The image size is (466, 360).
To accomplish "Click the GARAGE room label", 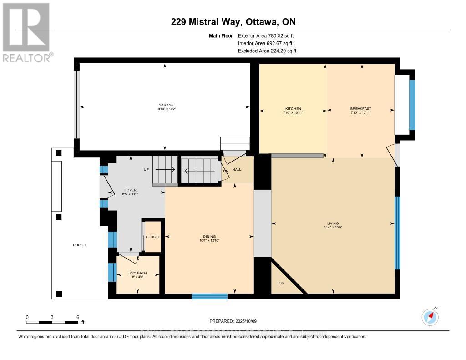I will (x=166, y=105).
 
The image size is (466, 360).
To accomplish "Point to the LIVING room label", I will (x=333, y=223).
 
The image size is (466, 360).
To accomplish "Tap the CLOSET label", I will (x=153, y=237).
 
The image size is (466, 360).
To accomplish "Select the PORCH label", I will (x=79, y=245).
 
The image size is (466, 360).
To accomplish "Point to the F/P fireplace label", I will (x=281, y=284).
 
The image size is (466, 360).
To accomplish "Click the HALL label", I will (x=237, y=169).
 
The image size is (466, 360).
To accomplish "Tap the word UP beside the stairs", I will (x=146, y=169).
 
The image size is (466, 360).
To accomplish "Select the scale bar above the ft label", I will (x=52, y=322).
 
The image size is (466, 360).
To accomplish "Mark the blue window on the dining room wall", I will (x=209, y=296).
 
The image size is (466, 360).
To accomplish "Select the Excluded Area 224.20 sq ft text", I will (x=267, y=51).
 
